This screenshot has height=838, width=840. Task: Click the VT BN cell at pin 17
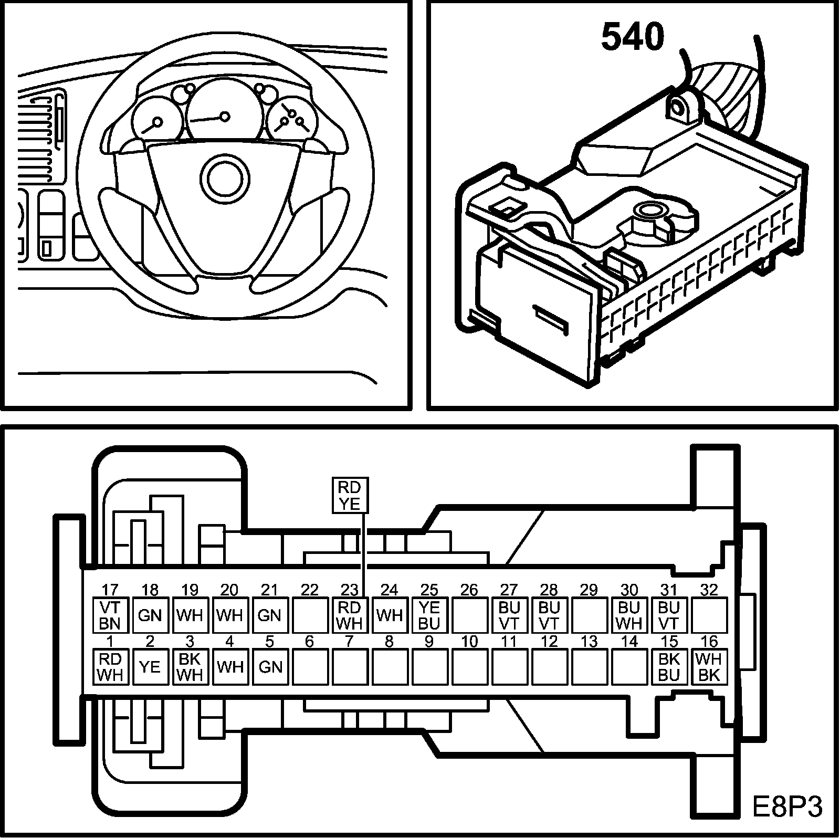[x=110, y=615]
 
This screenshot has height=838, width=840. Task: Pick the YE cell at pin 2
[x=150, y=666]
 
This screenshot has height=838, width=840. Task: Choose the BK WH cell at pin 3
[x=190, y=666]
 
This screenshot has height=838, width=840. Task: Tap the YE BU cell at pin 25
[x=429, y=615]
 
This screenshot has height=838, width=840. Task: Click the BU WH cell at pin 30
[x=629, y=615]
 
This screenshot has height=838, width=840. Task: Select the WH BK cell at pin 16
[x=709, y=666]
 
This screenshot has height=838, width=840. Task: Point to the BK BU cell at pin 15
[x=669, y=666]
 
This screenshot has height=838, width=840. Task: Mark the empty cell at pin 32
[x=709, y=615]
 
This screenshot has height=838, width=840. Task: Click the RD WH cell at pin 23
[x=350, y=615]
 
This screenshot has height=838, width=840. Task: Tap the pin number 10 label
[x=469, y=641]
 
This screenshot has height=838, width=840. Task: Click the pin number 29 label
[x=589, y=590]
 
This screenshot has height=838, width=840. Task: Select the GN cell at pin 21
[x=270, y=615]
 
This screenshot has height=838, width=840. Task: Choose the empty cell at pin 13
[x=589, y=666]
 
